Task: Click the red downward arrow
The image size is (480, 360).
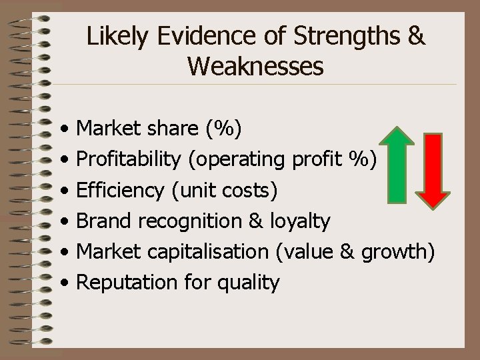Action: tap(434, 171)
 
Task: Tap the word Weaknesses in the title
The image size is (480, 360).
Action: tap(256, 67)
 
